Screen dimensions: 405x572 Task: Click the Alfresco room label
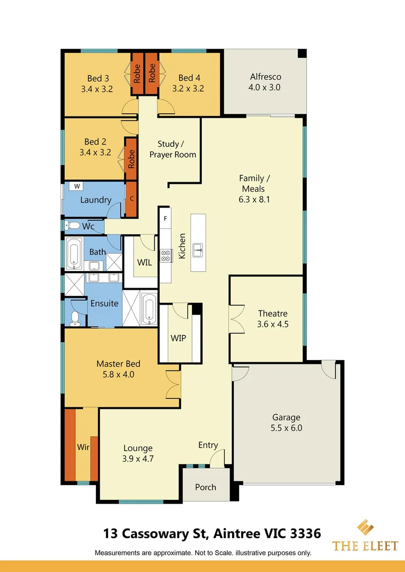click(266, 77)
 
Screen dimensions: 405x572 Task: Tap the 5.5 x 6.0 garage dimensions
click(286, 428)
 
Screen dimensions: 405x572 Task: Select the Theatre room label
click(273, 314)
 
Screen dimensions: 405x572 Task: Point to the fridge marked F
click(165, 219)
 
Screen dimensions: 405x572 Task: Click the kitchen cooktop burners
click(166, 256)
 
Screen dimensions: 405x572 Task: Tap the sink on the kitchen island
click(198, 249)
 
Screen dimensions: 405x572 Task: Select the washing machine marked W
click(77, 186)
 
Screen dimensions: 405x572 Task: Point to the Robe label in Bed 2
click(131, 159)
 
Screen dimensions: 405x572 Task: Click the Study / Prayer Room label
click(172, 149)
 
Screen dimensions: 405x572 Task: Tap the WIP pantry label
click(178, 338)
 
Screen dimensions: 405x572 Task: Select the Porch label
click(206, 487)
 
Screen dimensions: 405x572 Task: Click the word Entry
click(208, 445)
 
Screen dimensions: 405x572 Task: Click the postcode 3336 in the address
click(305, 533)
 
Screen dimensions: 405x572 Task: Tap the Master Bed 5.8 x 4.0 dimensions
click(118, 374)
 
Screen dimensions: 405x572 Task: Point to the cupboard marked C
click(131, 199)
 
